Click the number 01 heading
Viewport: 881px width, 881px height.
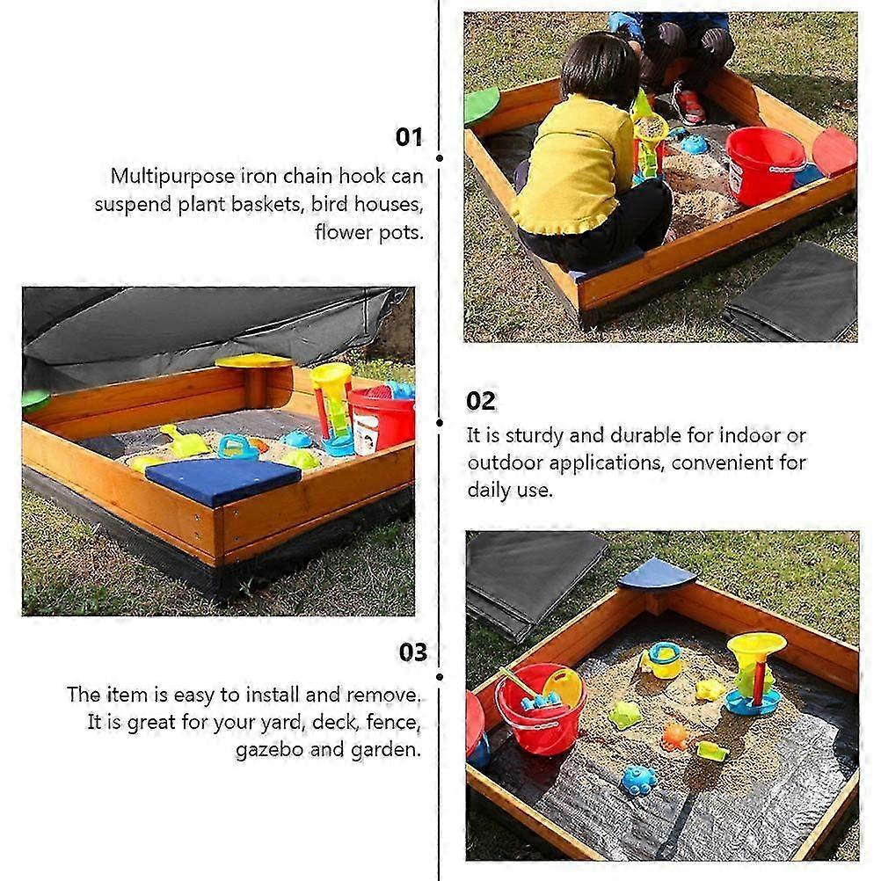409,137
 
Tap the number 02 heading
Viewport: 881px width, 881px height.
481,401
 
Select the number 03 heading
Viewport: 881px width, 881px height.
413,652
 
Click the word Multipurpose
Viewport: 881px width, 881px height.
172,177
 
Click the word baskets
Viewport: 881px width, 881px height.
268,204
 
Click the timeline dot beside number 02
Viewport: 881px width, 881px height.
440,423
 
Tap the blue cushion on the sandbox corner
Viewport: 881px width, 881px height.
223,479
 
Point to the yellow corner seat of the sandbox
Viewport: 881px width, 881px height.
254,360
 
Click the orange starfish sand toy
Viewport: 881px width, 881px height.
674,736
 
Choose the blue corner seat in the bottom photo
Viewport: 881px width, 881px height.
658,574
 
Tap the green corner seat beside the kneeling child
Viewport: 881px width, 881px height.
481,105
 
